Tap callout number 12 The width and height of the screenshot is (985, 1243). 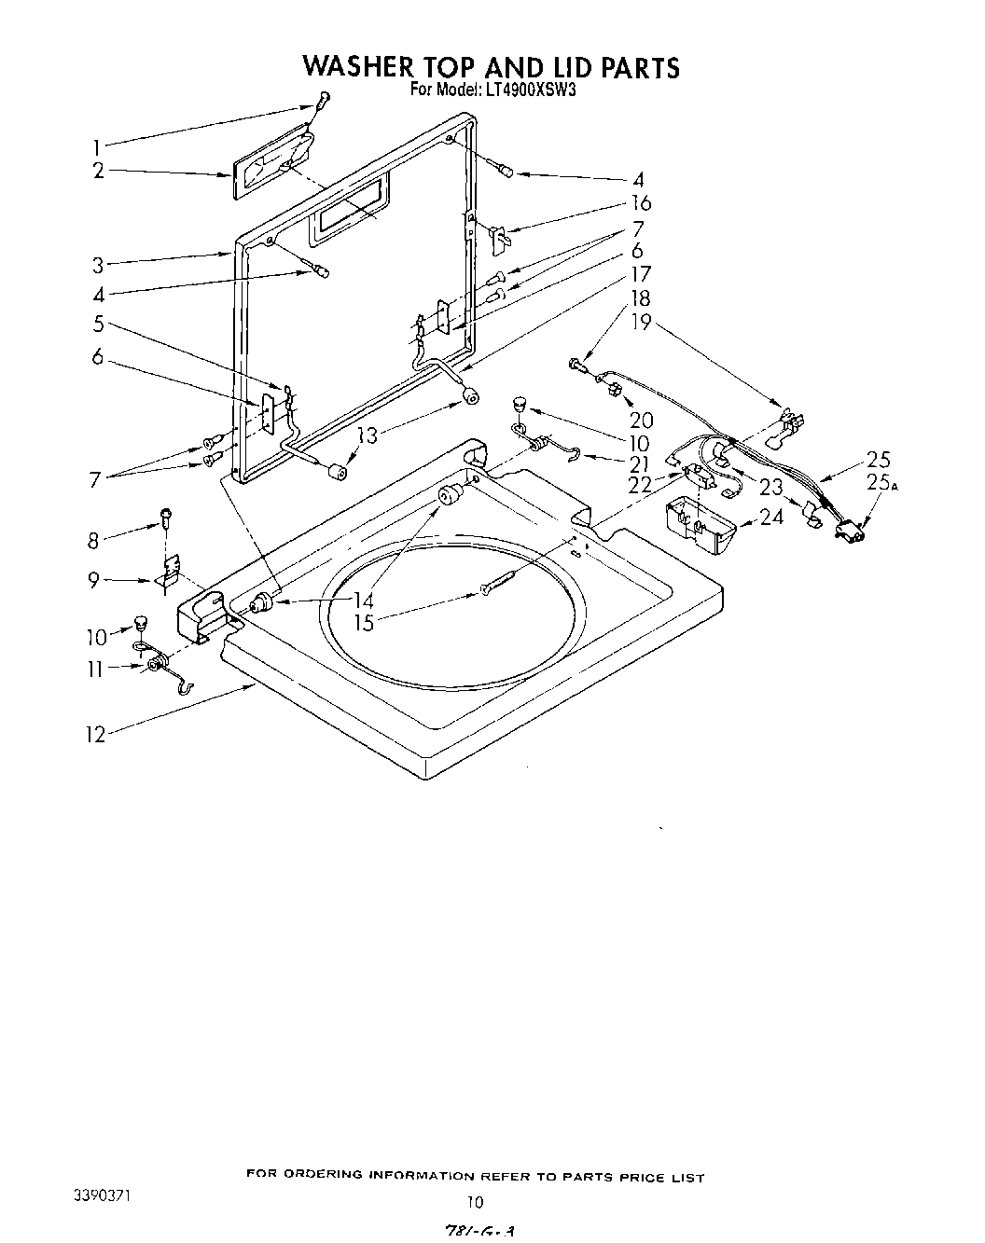pyautogui.click(x=95, y=734)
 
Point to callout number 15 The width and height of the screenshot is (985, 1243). pyautogui.click(x=364, y=622)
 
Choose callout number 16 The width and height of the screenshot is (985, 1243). pyautogui.click(x=641, y=203)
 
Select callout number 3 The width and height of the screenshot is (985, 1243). pyautogui.click(x=98, y=265)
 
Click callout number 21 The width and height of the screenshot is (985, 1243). pyautogui.click(x=638, y=463)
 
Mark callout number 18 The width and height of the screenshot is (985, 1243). pyautogui.click(x=641, y=299)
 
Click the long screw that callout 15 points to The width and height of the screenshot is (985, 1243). pyautogui.click(x=505, y=582)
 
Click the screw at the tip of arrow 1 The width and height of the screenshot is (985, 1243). pyautogui.click(x=323, y=98)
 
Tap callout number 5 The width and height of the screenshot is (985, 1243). pyautogui.click(x=98, y=325)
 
